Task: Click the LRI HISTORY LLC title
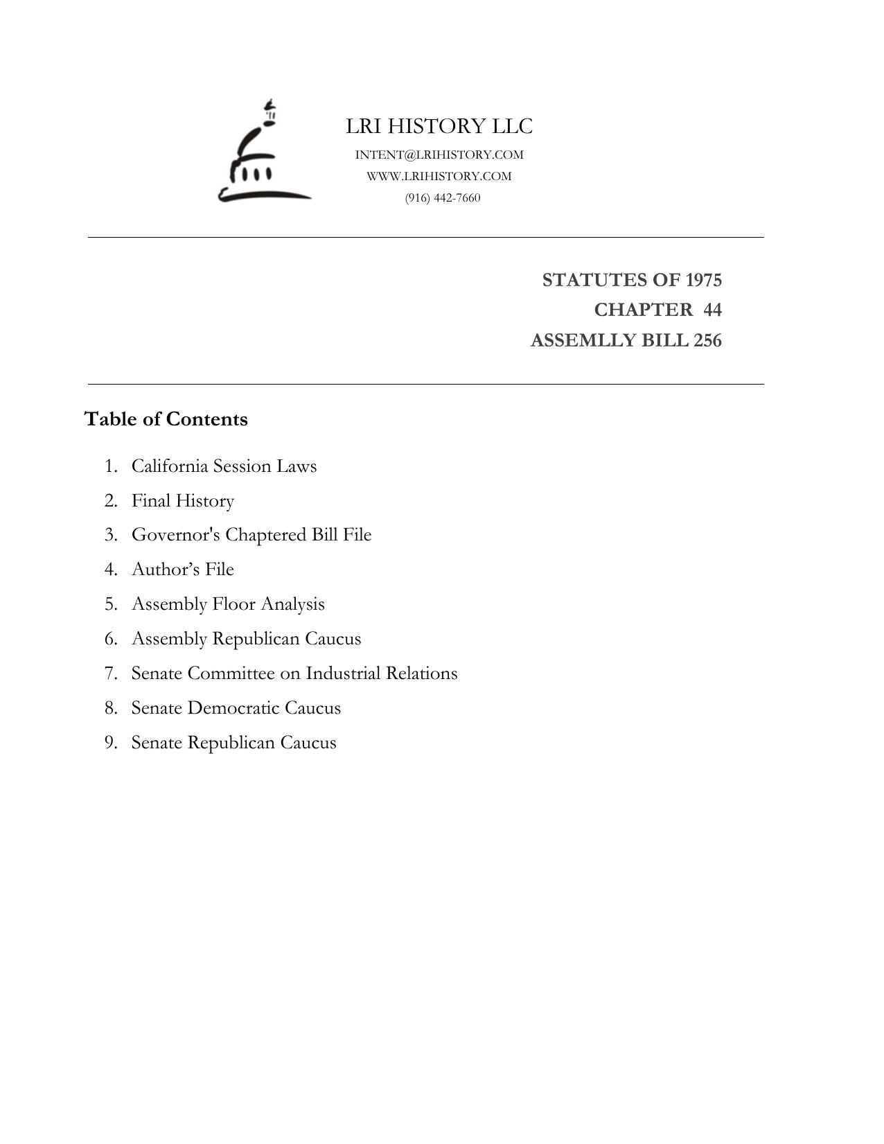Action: (439, 126)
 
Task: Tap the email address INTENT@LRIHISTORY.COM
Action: (439, 155)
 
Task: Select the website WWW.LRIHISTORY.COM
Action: (439, 176)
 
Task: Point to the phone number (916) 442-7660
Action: (443, 197)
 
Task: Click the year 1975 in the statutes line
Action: (703, 280)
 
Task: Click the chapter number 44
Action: (712, 310)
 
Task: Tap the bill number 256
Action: (707, 341)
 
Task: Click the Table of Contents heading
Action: (166, 419)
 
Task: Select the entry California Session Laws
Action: (224, 466)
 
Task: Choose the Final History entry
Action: (183, 500)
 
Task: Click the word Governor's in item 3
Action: (175, 535)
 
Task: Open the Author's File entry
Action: (183, 570)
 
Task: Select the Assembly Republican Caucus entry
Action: (246, 639)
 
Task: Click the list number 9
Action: (110, 743)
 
